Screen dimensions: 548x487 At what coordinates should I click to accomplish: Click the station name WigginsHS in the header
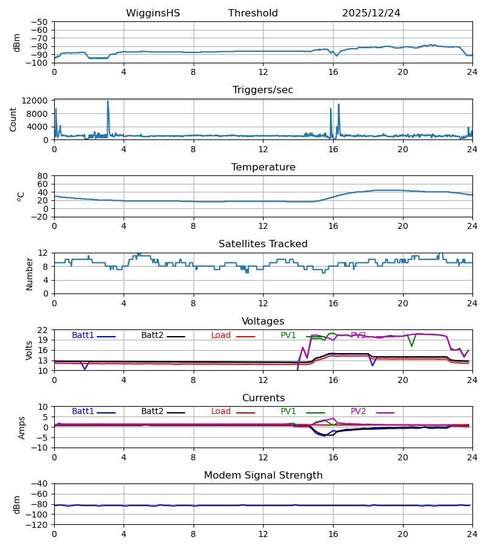pyautogui.click(x=153, y=13)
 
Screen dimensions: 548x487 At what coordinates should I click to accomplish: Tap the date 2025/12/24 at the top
pyautogui.click(x=371, y=13)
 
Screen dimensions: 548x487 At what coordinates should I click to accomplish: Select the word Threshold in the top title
pyautogui.click(x=253, y=13)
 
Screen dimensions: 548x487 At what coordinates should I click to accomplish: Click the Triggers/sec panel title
pyautogui.click(x=262, y=90)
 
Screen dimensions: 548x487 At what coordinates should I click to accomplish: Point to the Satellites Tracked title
pyautogui.click(x=262, y=244)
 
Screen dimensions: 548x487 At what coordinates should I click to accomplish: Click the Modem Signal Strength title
pyautogui.click(x=262, y=476)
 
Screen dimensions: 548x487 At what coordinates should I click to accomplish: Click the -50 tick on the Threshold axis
pyautogui.click(x=41, y=22)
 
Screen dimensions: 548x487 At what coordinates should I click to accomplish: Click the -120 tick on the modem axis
pyautogui.click(x=38, y=524)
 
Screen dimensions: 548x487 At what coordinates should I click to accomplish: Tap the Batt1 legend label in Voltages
pyautogui.click(x=83, y=335)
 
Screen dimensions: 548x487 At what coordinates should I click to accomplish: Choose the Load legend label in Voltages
pyautogui.click(x=221, y=335)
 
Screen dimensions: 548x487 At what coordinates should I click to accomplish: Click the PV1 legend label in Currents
pyautogui.click(x=288, y=412)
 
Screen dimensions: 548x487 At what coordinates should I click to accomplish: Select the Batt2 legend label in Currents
pyautogui.click(x=152, y=412)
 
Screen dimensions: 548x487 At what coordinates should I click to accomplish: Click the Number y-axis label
pyautogui.click(x=29, y=273)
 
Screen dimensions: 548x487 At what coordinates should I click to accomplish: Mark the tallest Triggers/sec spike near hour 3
pyautogui.click(x=108, y=101)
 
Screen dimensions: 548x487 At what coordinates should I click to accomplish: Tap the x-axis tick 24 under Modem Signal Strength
pyautogui.click(x=472, y=533)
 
